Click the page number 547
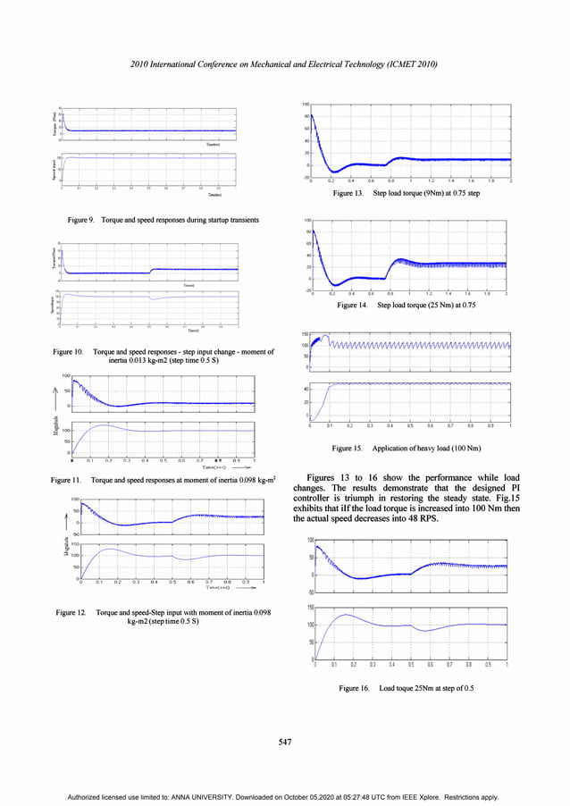click(284, 741)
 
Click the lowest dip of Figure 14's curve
click(331, 284)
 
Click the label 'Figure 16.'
click(355, 688)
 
